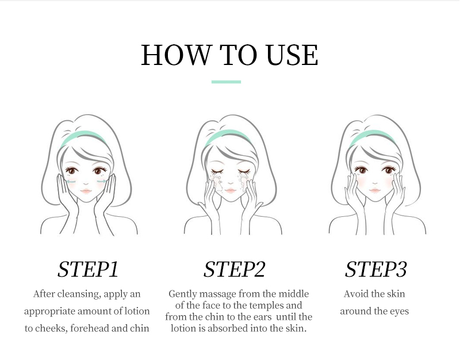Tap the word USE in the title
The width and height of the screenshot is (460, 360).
click(292, 55)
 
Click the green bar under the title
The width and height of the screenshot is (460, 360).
click(226, 82)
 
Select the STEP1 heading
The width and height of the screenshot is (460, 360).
click(88, 269)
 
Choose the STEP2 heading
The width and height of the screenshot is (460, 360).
click(235, 269)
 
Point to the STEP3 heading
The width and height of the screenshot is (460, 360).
click(376, 269)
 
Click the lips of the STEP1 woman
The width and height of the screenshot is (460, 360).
click(86, 191)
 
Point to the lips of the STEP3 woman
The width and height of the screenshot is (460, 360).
click(375, 190)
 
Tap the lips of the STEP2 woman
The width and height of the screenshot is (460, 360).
click(231, 191)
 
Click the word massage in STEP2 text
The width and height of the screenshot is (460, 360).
click(217, 294)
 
